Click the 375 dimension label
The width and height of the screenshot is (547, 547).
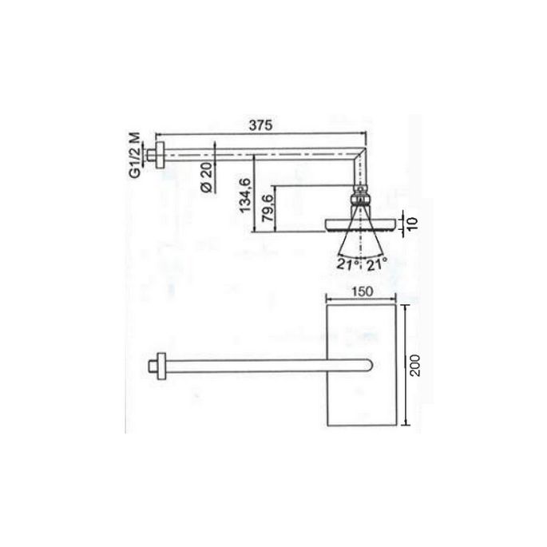click(x=262, y=125)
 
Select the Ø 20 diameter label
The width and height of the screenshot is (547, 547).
click(x=205, y=176)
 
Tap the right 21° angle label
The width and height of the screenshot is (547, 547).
click(x=376, y=264)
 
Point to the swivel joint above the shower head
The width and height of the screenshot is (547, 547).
click(x=360, y=196)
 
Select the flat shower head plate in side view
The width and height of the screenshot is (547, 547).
click(x=359, y=225)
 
